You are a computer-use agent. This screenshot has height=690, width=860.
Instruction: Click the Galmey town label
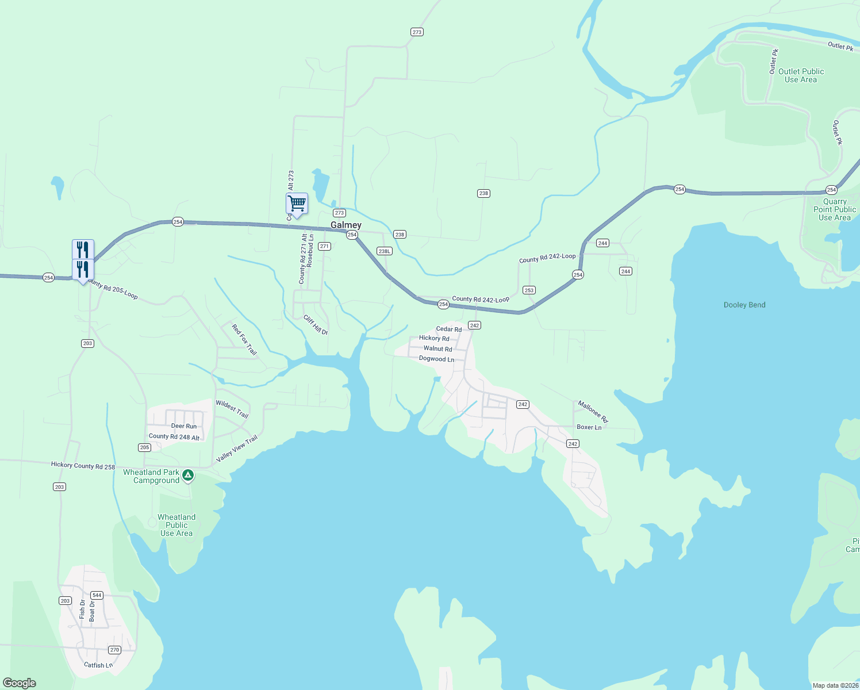tap(346, 225)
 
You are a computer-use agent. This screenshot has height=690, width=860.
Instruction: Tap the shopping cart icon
tap(297, 204)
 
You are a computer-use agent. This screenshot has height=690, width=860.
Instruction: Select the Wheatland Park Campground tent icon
tap(188, 476)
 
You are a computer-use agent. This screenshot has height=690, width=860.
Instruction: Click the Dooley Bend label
tap(744, 305)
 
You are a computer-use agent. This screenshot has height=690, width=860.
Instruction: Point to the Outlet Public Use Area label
tap(801, 75)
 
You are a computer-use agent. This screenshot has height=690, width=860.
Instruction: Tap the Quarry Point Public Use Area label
tap(835, 209)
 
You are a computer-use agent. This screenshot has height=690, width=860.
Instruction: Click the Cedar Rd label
tap(448, 329)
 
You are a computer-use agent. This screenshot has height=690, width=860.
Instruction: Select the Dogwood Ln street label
tap(436, 359)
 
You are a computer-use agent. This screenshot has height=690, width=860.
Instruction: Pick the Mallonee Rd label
tap(593, 411)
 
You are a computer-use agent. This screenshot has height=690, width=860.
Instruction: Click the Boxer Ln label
tap(589, 427)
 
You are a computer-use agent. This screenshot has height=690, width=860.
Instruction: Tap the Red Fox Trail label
tap(244, 339)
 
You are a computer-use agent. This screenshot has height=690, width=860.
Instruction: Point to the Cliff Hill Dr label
tap(316, 325)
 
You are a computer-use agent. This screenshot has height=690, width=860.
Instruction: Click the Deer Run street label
tap(184, 426)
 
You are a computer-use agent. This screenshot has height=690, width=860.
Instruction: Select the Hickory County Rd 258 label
tap(83, 466)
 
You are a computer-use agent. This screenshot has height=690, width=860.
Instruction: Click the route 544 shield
tap(97, 596)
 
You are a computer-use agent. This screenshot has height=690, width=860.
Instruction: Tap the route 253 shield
tap(529, 290)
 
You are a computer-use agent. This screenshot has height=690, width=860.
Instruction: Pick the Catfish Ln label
tap(98, 665)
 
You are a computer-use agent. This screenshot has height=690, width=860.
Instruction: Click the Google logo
tap(20, 683)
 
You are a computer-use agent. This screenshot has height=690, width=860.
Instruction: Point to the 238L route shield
tap(384, 251)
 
